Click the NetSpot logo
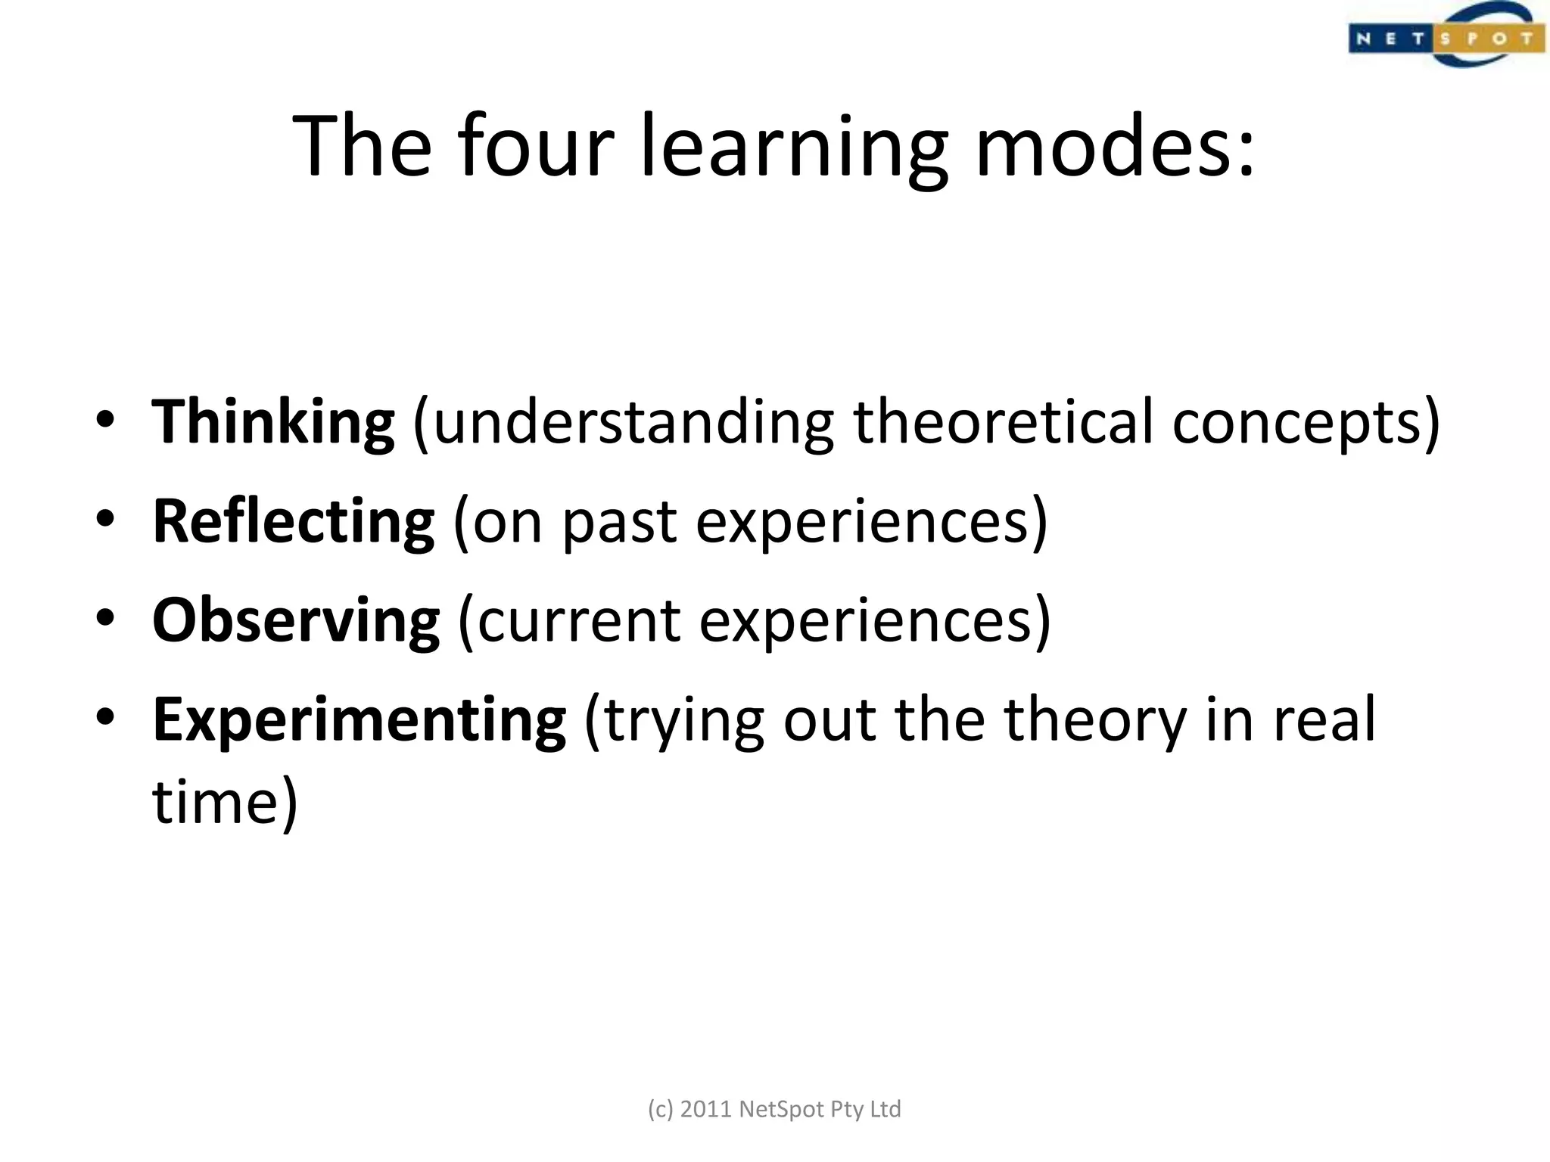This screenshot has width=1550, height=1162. tap(1445, 36)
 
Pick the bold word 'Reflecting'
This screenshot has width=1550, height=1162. tap(294, 521)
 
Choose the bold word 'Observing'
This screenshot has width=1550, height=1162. tap(296, 620)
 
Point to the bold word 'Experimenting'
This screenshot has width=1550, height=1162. tap(359, 720)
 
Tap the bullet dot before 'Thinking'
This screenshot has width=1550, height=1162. tap(105, 420)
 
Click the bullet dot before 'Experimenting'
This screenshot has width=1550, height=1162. tap(105, 716)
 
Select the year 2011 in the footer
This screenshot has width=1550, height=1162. tap(706, 1109)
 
